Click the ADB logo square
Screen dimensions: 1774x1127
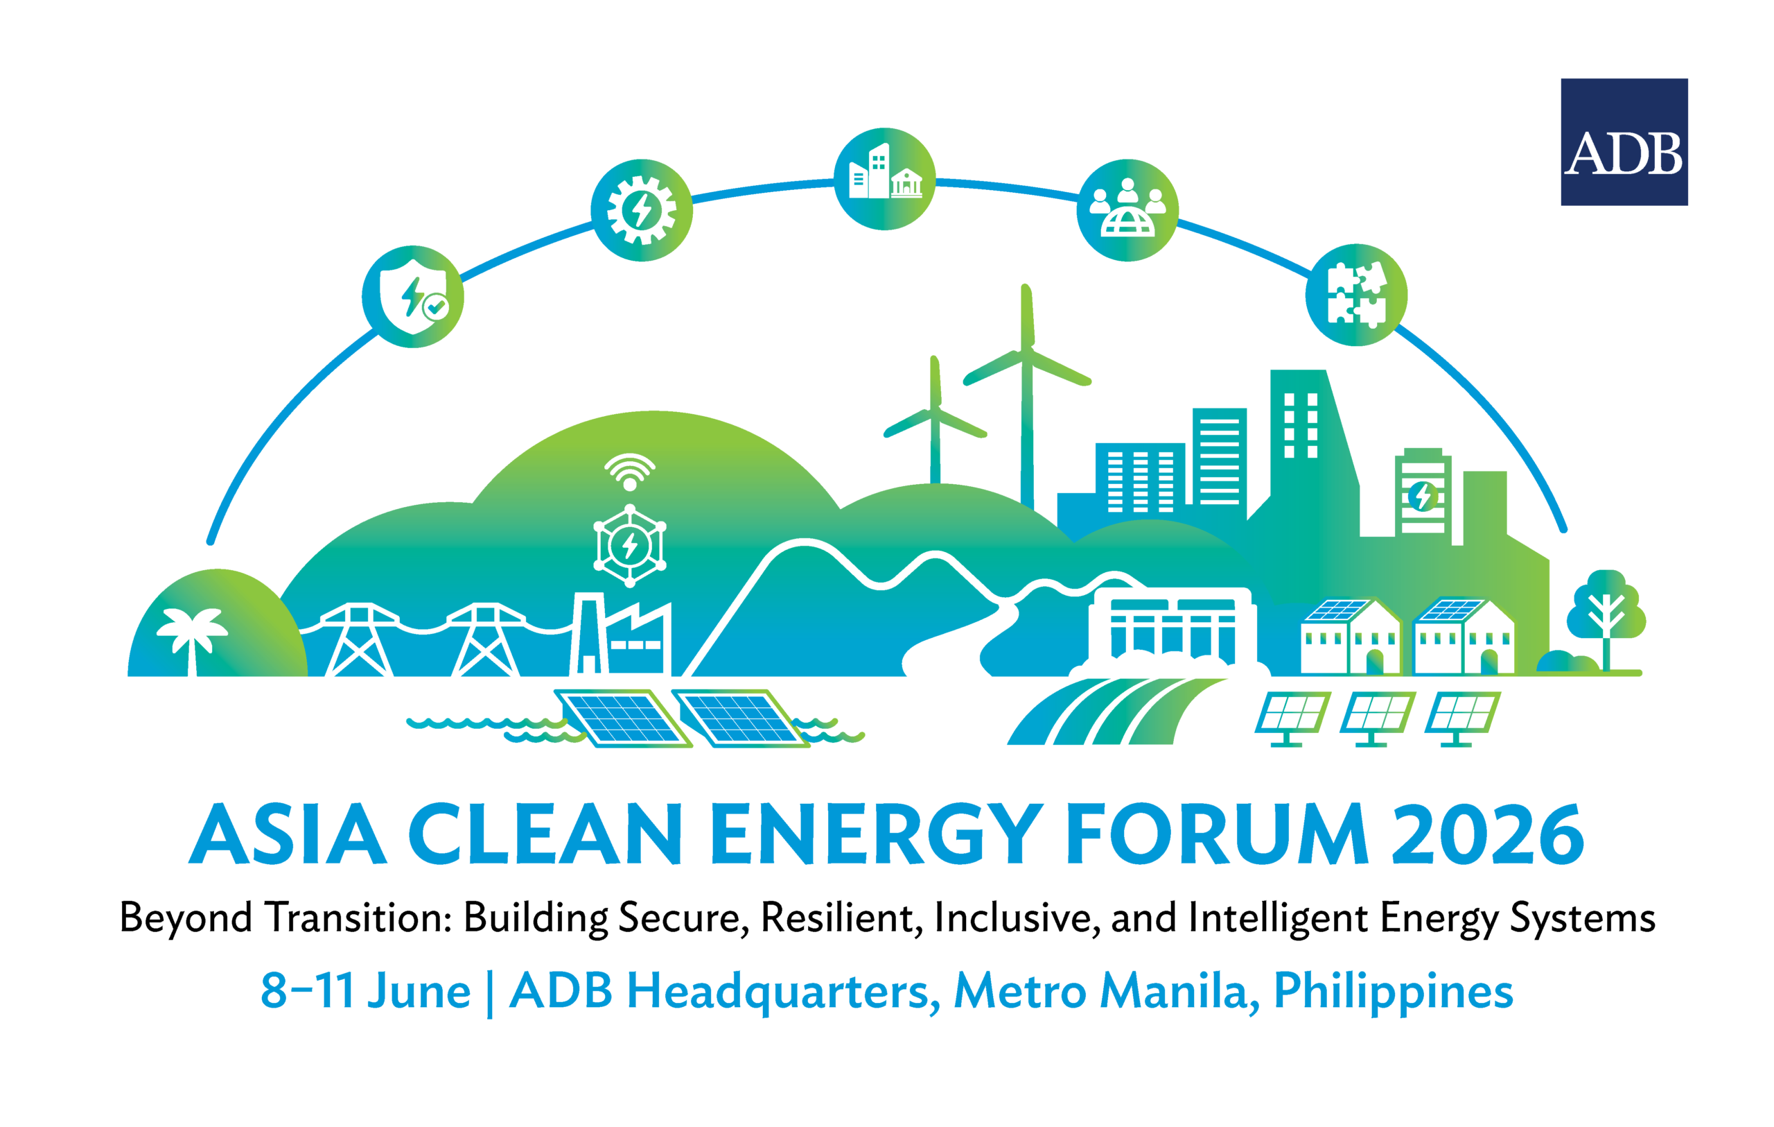coord(1624,141)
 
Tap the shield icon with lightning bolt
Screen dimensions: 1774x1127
coord(412,296)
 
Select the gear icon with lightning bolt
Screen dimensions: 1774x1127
coord(642,210)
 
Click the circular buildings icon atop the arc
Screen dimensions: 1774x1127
coord(884,179)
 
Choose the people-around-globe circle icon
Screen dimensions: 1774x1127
coord(1127,210)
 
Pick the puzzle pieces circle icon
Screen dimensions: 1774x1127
coord(1356,295)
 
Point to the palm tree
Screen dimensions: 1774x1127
coord(192,639)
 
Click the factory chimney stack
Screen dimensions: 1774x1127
coord(588,634)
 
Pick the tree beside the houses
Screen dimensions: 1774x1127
coord(1607,619)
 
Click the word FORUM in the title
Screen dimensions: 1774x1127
coord(1216,835)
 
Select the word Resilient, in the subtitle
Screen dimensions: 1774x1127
coord(841,918)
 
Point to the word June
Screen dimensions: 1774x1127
coord(419,991)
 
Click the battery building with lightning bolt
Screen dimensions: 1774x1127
coord(1423,493)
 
